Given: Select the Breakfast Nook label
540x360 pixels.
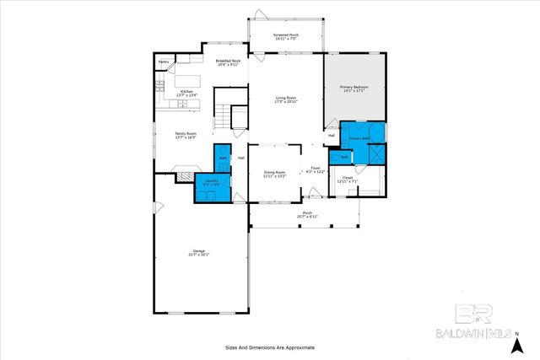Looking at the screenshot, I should point(229,63).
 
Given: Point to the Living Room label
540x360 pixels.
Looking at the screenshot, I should point(286,100).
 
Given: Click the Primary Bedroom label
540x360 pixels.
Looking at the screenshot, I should point(355,89).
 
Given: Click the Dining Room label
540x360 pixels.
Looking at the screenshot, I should point(275,174).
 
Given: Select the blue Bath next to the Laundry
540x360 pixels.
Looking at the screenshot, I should point(224,160).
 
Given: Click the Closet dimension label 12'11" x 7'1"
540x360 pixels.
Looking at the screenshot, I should point(348,180).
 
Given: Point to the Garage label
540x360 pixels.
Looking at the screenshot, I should point(199,252).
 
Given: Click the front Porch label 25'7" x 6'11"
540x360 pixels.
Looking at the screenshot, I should point(307,215).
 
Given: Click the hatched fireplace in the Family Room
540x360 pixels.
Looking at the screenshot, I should point(183,176).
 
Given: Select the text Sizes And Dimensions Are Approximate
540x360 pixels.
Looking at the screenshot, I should point(269,347).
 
